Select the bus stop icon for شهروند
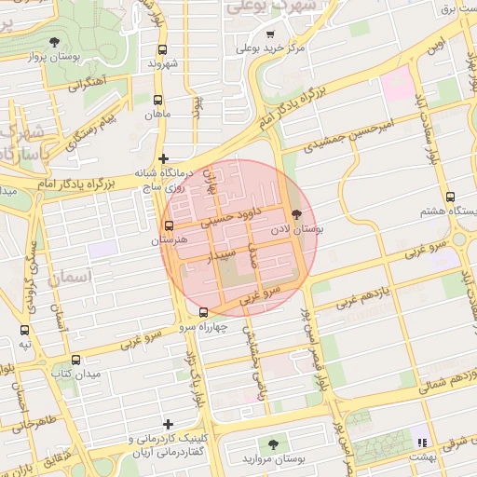[x=162, y=49]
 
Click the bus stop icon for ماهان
[x=157, y=100]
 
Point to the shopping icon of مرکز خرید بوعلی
[x=271, y=34]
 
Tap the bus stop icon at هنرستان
[x=169, y=225]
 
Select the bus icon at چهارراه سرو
[x=204, y=312]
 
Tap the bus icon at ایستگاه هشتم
[x=450, y=197]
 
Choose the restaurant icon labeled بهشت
[x=422, y=443]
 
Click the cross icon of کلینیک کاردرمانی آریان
[x=167, y=424]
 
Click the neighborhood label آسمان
[x=69, y=277]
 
